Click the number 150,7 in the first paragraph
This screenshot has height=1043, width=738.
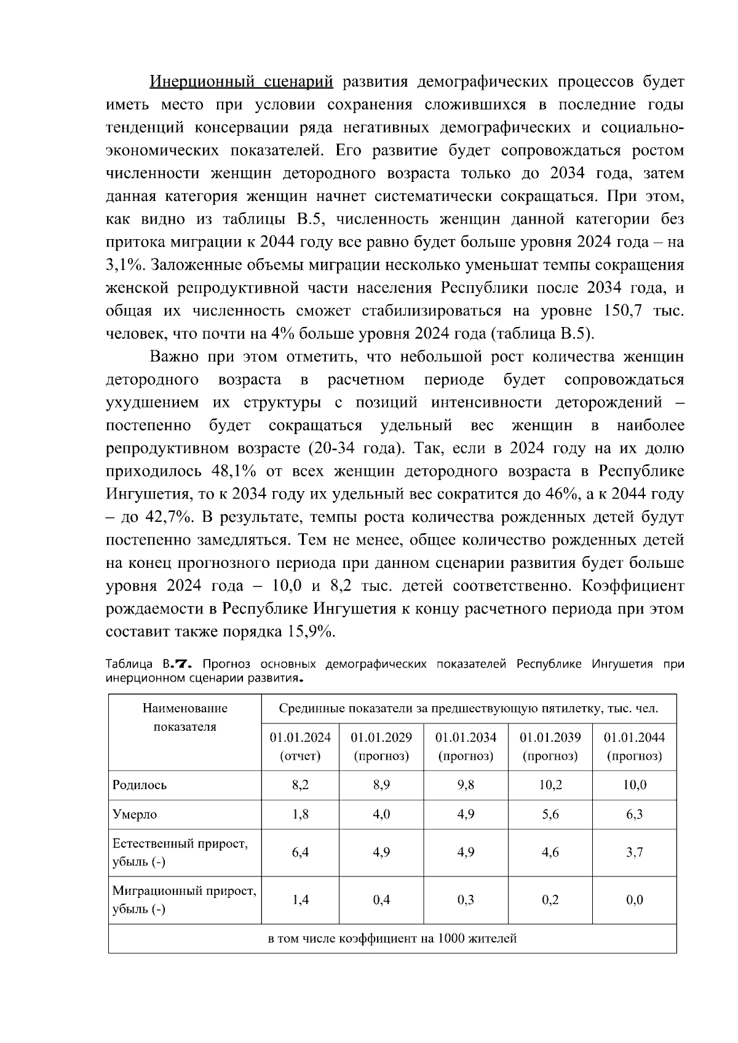[x=625, y=311]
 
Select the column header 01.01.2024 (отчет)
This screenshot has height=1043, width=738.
[x=300, y=746]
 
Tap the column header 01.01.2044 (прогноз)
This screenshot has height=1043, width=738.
[x=634, y=746]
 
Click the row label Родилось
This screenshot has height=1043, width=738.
[x=140, y=785]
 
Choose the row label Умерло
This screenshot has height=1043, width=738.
[x=135, y=814]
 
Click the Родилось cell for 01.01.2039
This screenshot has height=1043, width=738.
[x=550, y=785]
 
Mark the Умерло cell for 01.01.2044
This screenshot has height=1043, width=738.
[x=634, y=814]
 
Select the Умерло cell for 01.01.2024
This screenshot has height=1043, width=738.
[x=300, y=814]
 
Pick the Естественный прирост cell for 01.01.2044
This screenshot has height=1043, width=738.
[x=634, y=852]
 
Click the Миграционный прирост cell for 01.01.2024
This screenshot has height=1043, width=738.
[x=300, y=900]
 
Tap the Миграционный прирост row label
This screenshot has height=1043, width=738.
[x=184, y=900]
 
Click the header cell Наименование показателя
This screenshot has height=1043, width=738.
[x=184, y=717]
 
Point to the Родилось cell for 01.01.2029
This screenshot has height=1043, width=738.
[x=381, y=785]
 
